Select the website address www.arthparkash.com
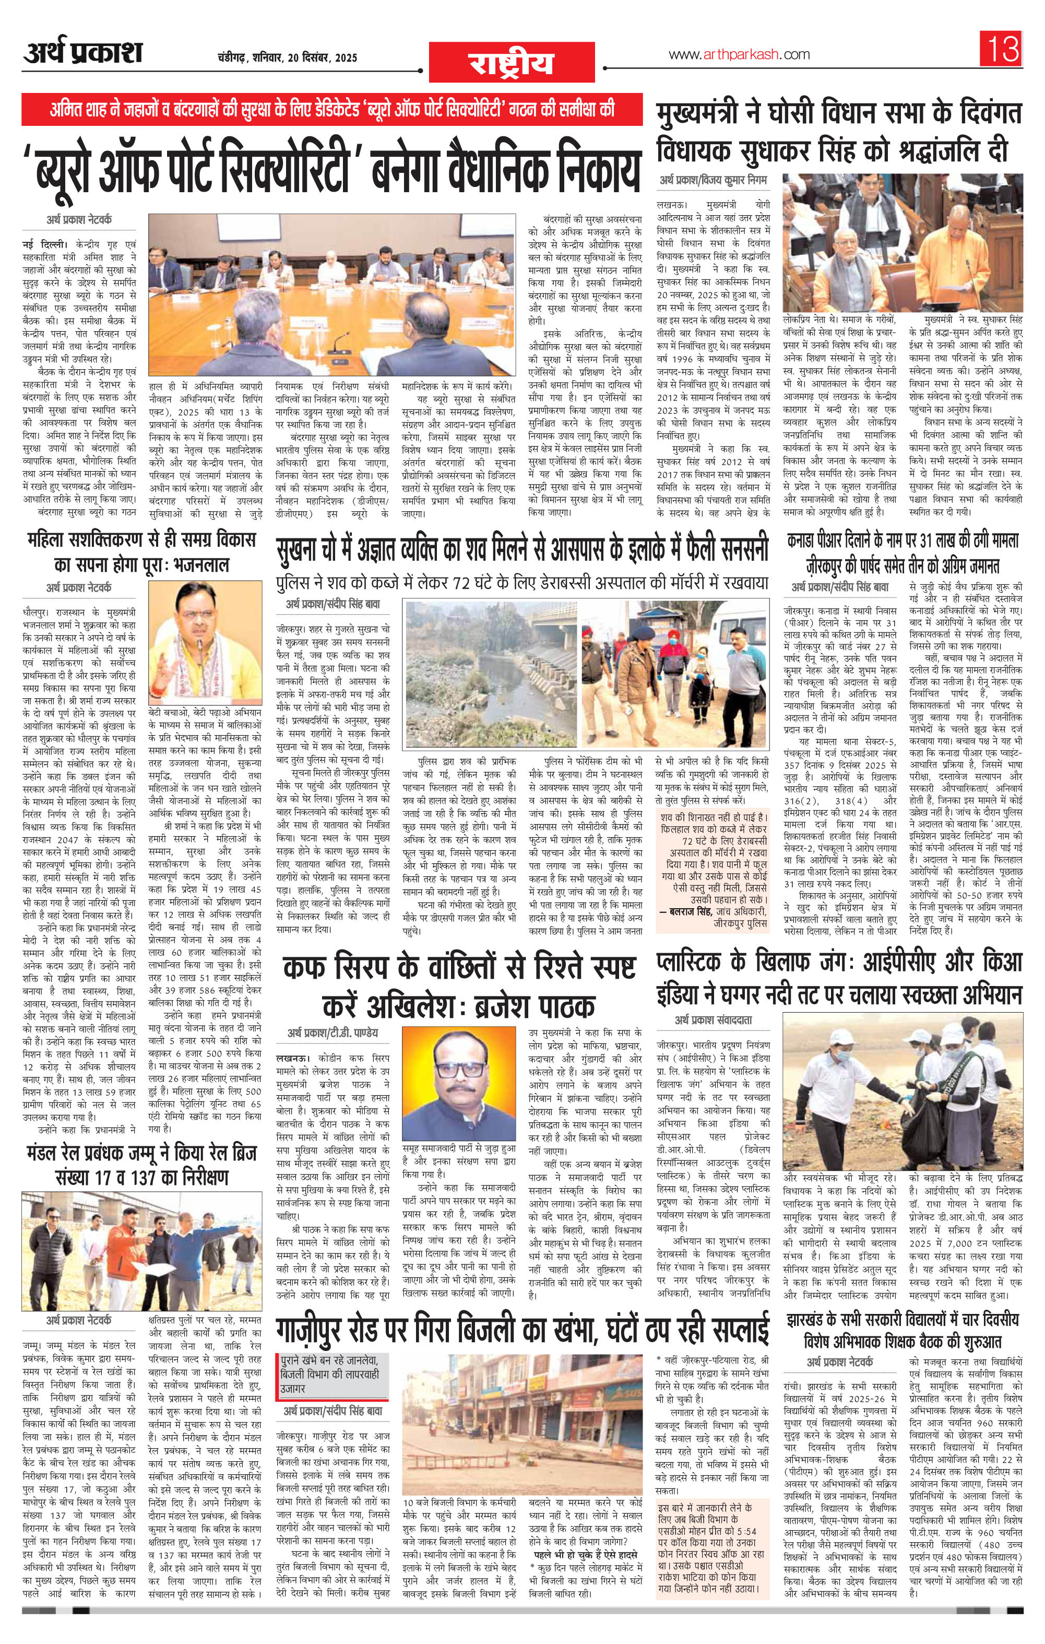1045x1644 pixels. click(739, 55)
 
